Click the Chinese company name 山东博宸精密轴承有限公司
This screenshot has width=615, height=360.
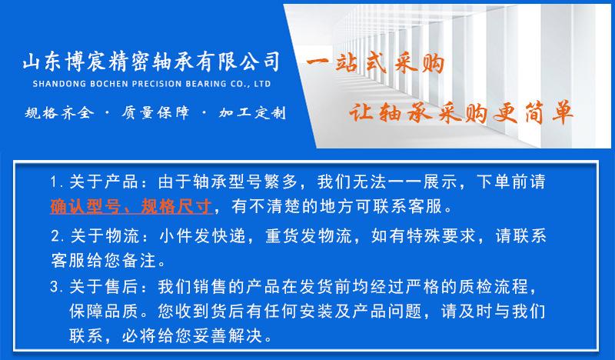151,62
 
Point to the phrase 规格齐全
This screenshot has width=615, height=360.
60,113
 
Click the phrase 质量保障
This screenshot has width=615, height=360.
155,112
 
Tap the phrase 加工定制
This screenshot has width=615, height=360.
253,113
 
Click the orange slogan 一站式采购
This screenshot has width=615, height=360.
375,64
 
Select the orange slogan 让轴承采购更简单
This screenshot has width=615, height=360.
460,112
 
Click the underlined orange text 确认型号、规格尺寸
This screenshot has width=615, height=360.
131,206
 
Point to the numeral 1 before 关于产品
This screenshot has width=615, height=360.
54,182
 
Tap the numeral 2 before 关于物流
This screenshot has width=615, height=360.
55,236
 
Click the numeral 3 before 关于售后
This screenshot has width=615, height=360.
55,287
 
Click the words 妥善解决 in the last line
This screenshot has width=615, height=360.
228,335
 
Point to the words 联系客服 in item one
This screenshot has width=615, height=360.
407,206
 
